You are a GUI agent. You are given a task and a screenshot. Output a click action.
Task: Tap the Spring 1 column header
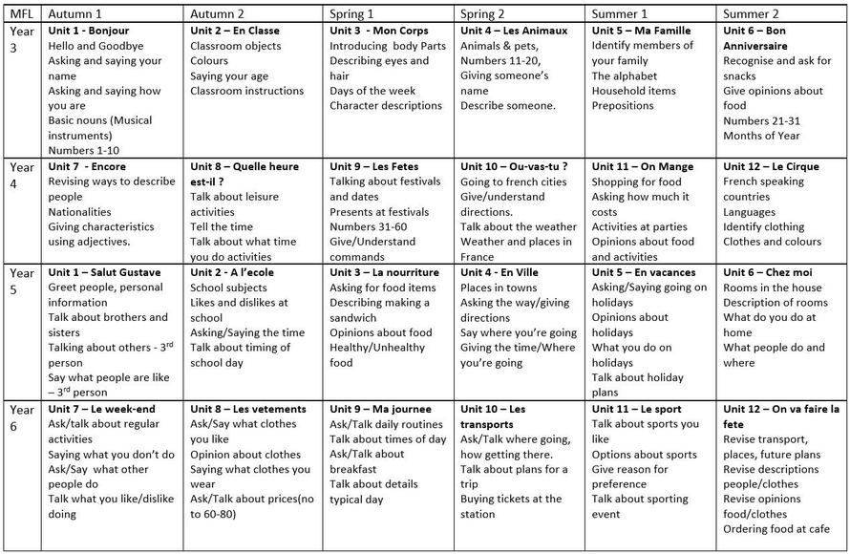(x=352, y=13)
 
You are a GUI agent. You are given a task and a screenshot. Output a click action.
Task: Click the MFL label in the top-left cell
(x=20, y=13)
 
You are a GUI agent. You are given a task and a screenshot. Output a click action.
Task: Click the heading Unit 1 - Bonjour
(x=88, y=31)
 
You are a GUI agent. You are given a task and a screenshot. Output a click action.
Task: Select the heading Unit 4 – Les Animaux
(x=514, y=31)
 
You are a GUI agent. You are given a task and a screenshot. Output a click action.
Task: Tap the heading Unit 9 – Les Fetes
(x=374, y=166)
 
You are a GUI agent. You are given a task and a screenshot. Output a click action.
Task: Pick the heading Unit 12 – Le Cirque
(x=771, y=166)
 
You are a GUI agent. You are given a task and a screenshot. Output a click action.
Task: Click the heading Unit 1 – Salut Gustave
(x=104, y=272)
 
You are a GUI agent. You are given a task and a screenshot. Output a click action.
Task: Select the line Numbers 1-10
(x=84, y=150)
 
